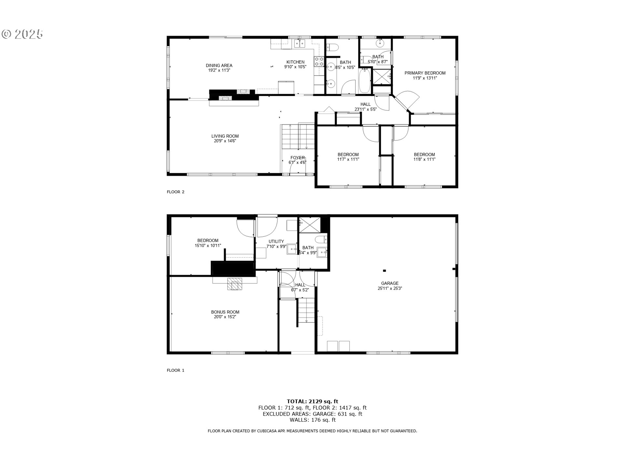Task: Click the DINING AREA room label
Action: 219,65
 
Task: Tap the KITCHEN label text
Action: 295,62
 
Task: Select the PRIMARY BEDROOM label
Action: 425,73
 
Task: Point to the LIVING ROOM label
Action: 225,136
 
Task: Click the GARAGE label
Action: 390,283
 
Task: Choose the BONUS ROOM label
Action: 225,312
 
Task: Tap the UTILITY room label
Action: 276,242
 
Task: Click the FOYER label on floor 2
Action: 298,158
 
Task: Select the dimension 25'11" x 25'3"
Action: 390,288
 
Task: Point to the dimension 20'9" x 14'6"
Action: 225,141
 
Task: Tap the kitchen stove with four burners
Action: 319,62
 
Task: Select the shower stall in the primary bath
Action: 382,77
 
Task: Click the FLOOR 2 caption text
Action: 175,192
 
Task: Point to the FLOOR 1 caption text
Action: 175,370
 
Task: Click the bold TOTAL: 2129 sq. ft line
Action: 312,401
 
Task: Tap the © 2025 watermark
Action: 22,34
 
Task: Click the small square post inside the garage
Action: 384,270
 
